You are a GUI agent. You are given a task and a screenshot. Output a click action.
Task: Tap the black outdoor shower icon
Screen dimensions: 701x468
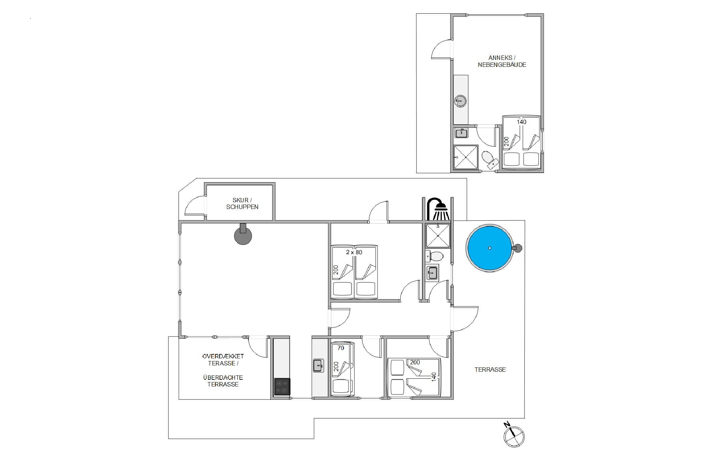point(437,209)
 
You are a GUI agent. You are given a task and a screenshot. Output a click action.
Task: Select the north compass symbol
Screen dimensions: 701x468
point(513,436)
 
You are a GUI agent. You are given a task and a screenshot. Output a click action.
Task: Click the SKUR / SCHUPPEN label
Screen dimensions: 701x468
point(242,204)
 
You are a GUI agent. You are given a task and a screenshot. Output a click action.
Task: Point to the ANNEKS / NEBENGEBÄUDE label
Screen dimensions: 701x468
point(502,62)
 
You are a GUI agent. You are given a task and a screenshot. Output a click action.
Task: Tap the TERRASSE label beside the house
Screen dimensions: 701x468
point(490,369)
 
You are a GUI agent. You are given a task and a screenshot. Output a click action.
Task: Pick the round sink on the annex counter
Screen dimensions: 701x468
point(461,101)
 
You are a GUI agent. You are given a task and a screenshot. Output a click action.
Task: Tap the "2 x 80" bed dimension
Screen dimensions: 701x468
point(354,252)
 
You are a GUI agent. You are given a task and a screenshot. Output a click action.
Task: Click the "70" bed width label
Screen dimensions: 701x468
point(340,348)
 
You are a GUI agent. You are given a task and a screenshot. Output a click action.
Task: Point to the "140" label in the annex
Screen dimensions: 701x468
point(521,122)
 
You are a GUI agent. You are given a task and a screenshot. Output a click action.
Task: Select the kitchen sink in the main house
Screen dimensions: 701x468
point(318,365)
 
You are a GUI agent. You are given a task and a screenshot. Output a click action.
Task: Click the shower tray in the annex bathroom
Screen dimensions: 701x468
point(466,157)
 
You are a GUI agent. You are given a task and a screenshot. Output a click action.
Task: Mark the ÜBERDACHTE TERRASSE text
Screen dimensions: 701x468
point(223,381)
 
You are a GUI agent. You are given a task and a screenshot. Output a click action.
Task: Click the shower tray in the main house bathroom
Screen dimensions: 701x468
point(438,236)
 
